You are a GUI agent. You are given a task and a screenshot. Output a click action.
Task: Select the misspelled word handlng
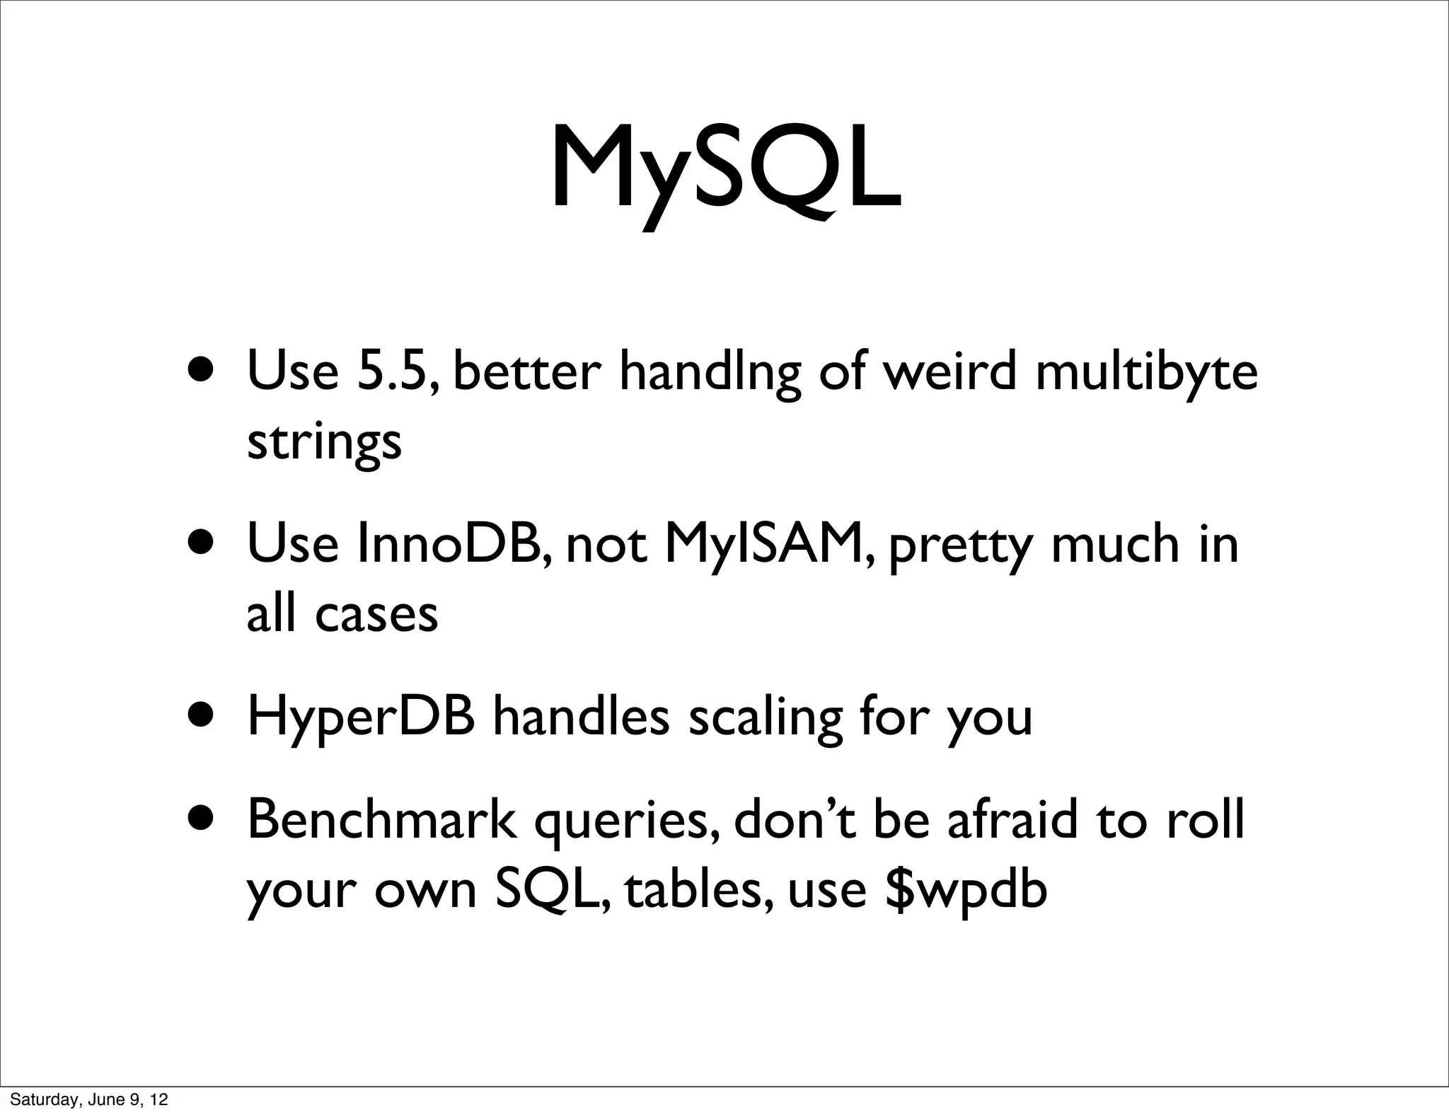pos(710,372)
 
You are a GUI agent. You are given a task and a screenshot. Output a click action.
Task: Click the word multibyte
pos(1146,372)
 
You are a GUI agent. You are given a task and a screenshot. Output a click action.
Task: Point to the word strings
pos(324,442)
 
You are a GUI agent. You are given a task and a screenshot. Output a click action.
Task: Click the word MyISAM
pos(770,544)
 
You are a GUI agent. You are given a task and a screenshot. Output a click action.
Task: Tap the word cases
pos(376,613)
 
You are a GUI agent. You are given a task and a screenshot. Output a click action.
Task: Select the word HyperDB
pos(361,717)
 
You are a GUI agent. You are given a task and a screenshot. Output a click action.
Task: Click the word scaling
pos(766,717)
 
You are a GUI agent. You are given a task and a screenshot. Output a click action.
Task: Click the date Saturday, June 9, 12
pos(89,1099)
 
